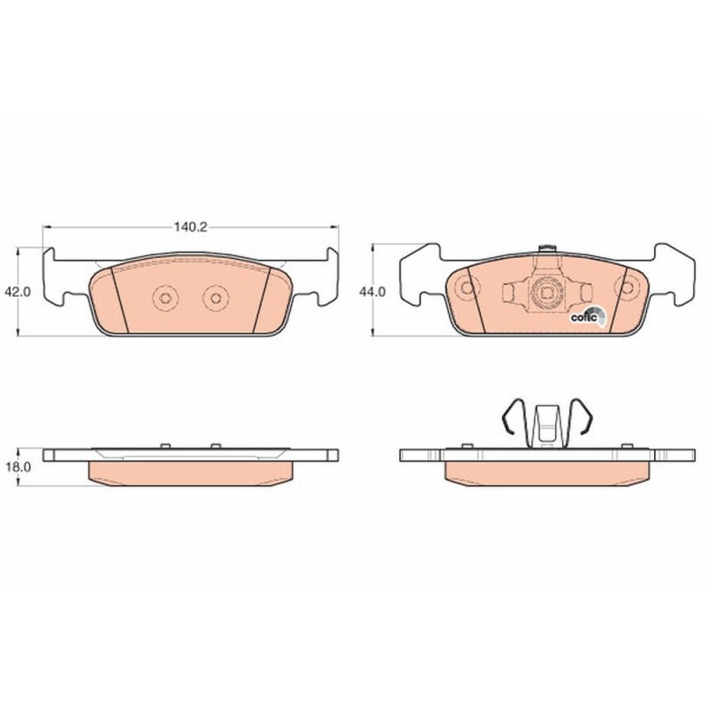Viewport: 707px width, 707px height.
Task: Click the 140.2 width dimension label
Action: coord(190,227)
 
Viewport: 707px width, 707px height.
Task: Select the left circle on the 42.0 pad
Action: coord(164,300)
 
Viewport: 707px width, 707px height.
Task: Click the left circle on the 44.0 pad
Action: coord(465,288)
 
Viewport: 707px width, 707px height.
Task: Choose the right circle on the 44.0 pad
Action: coord(628,288)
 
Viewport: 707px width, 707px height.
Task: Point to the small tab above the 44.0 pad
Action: coord(547,248)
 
